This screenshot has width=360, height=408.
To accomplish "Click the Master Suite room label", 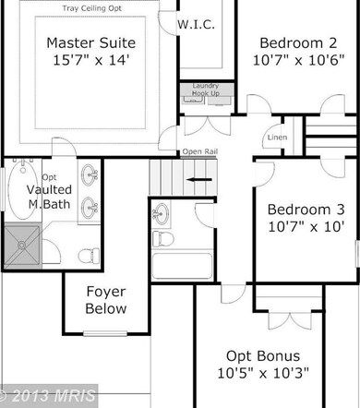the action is point(91,42).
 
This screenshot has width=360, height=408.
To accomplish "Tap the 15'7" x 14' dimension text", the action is point(91,60).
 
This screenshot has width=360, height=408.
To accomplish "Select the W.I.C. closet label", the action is point(196,25).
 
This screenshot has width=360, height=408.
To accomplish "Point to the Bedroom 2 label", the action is point(298,43).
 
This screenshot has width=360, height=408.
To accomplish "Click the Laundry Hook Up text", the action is point(206,90).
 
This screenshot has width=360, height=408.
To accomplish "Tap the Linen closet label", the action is point(277,138).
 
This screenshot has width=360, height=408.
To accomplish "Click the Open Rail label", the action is point(200,151).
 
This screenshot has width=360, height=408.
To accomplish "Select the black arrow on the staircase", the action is point(199,180).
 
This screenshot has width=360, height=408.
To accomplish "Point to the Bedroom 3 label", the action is point(306,210).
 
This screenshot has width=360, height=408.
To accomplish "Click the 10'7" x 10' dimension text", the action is point(306,227).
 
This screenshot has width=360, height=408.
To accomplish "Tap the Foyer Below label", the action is point(106,300).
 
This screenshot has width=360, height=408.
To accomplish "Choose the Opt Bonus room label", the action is point(263,356).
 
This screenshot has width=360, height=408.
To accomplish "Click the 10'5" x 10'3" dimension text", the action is point(263,373).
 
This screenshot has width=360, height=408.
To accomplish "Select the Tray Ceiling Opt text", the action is point(92,8).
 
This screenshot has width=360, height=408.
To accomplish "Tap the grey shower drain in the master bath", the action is point(21,246).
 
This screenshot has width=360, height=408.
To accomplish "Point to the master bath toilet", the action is point(89,256).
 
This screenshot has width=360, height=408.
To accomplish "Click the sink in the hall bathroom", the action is point(161,213).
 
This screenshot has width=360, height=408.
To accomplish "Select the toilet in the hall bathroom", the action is point(163,239).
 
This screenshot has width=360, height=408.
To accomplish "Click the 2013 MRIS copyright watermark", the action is point(48,396).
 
